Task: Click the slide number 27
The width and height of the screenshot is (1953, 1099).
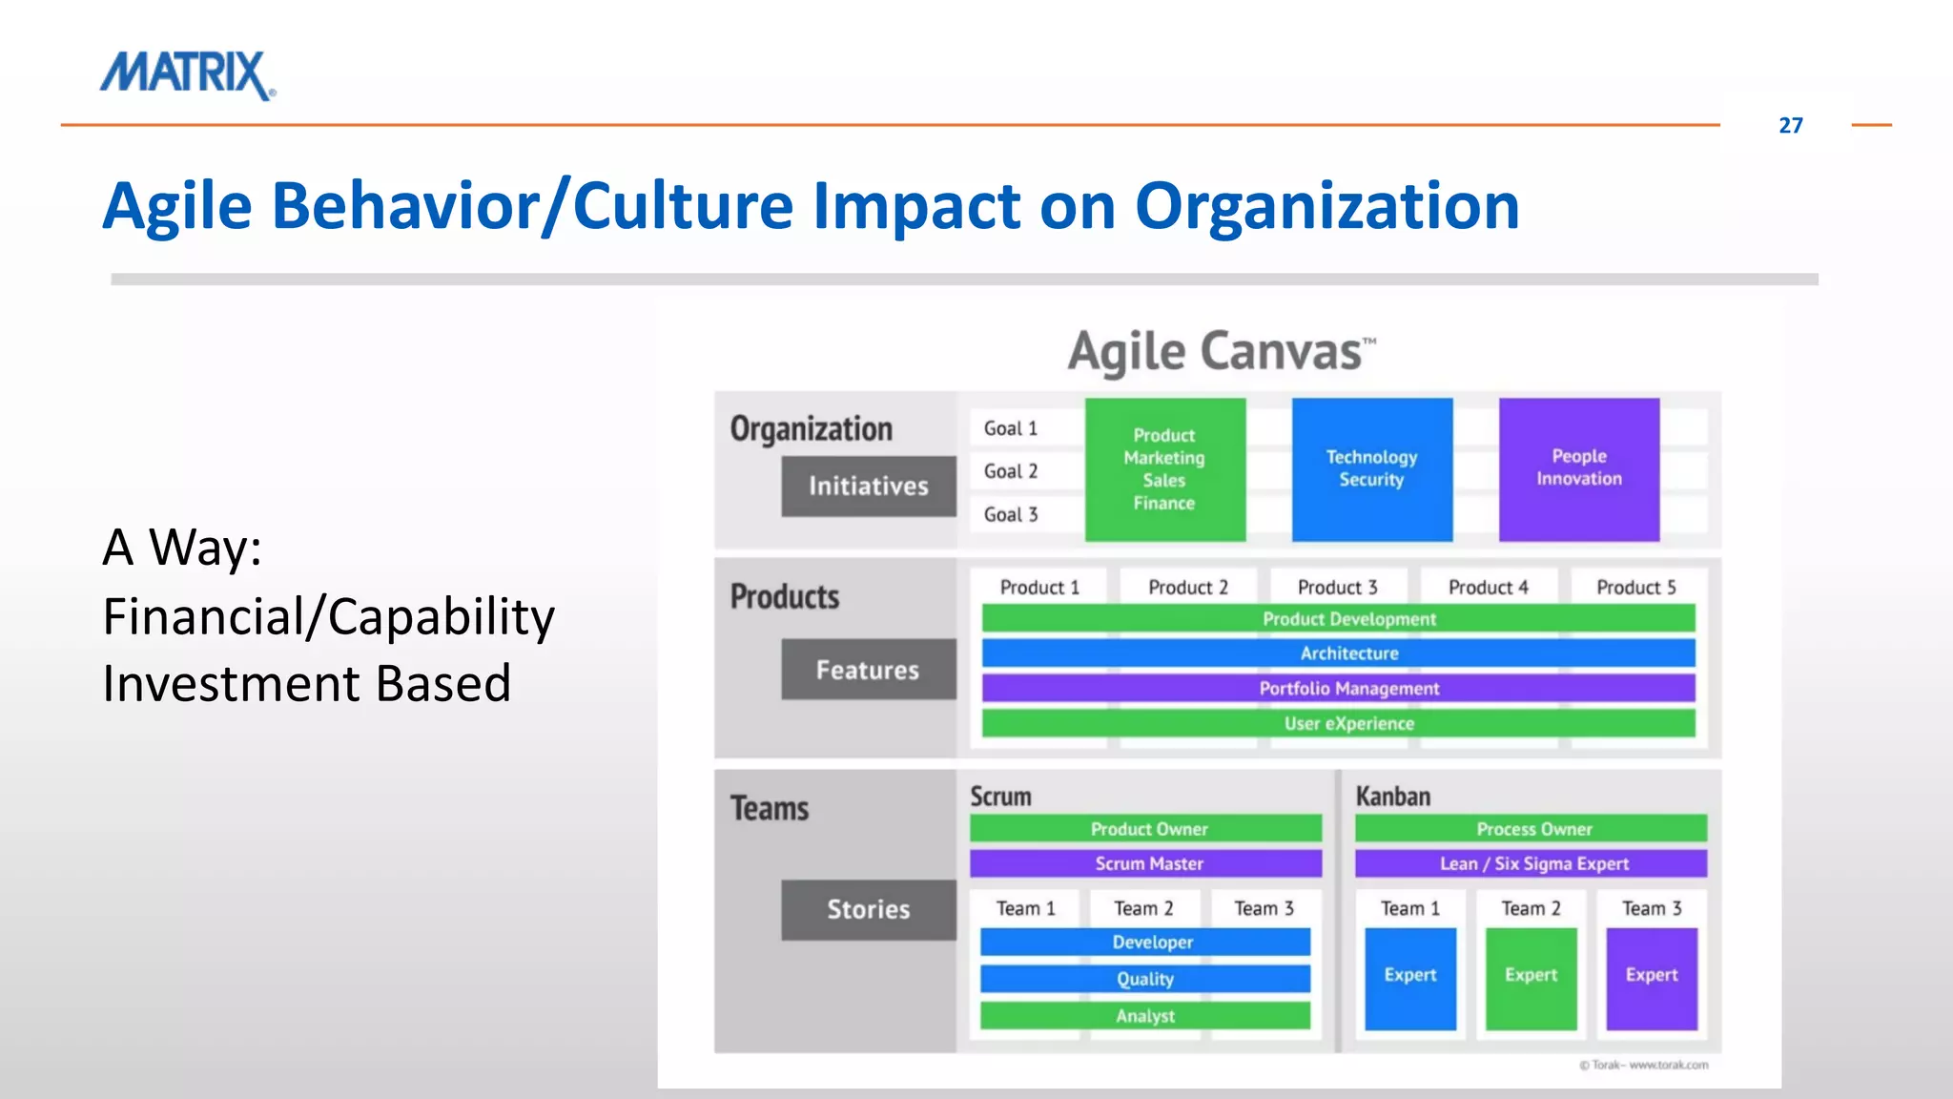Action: (1790, 125)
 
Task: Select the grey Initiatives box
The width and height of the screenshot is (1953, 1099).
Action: (868, 487)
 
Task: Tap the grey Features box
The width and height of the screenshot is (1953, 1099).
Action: (868, 670)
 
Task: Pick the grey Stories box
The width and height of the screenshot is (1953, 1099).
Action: (868, 909)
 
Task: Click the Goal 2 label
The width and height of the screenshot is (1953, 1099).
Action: (1011, 471)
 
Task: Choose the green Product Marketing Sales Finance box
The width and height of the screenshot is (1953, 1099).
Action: (1164, 469)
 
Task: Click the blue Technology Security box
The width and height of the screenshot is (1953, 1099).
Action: (1371, 469)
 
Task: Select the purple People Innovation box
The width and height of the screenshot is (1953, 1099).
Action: (1578, 469)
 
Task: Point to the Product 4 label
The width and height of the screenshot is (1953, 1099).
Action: (1488, 588)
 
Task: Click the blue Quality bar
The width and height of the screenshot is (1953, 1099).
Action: (1144, 979)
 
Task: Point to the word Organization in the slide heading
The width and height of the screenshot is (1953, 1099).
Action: (1326, 207)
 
